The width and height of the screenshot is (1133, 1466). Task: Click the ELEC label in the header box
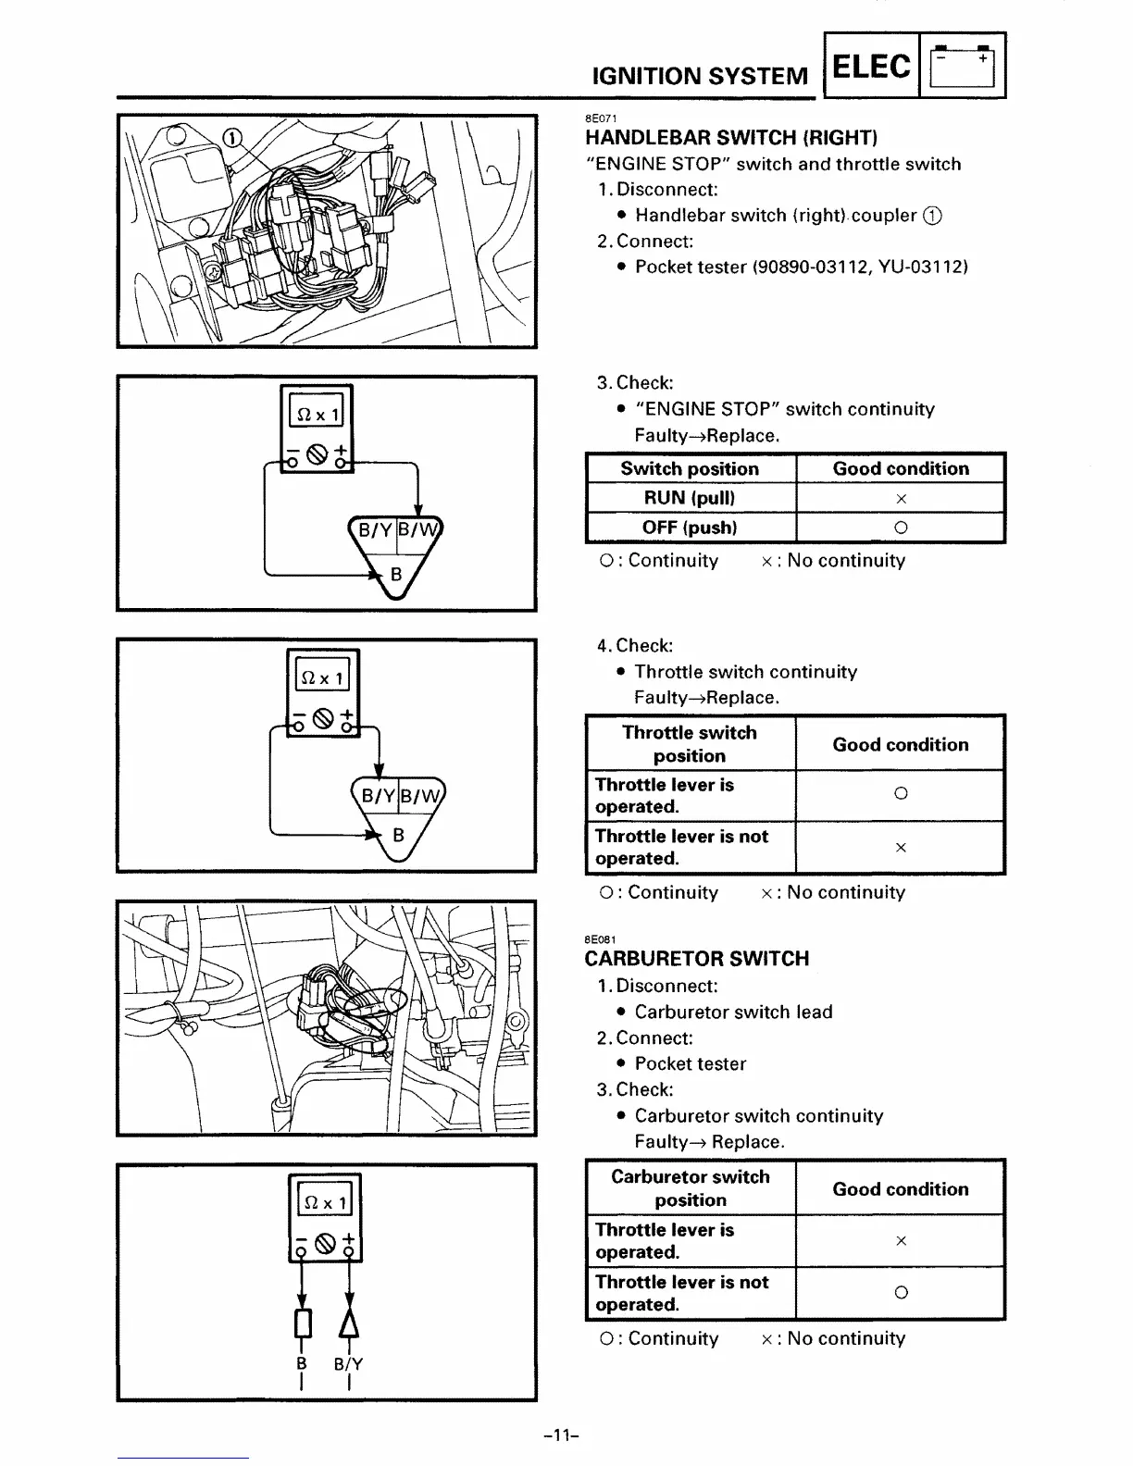coord(871,66)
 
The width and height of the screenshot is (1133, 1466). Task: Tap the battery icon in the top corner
coord(963,66)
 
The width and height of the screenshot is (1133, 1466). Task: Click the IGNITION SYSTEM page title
coord(700,76)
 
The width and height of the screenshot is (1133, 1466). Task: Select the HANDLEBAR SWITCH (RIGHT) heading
coord(731,138)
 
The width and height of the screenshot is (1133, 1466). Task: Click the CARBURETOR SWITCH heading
coord(697,959)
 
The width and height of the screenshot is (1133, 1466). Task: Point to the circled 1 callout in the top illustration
coord(230,139)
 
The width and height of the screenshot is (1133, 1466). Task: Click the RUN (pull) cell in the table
coord(690,498)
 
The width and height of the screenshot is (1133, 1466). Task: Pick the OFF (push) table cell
coord(690,528)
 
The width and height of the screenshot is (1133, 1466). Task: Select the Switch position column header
coord(690,468)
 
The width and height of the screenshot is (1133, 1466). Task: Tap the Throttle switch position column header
coord(690,744)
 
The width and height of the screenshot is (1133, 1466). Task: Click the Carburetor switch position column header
coord(691,1188)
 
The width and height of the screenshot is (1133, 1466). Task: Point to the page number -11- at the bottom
coord(561,1436)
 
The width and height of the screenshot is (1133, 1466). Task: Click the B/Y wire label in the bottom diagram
coord(349,1364)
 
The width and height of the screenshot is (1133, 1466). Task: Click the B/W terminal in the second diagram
coord(419,530)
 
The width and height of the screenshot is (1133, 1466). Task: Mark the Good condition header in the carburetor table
coord(901,1189)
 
